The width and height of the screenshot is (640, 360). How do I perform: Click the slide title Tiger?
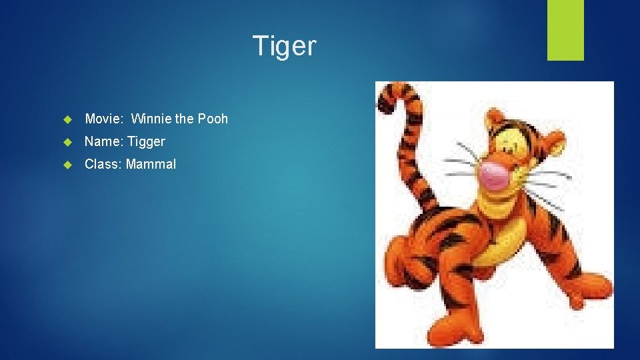click(285, 46)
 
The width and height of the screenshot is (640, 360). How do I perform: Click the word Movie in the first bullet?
click(102, 119)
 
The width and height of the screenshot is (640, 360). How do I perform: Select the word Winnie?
click(151, 119)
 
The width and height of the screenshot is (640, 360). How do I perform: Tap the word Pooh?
click(213, 119)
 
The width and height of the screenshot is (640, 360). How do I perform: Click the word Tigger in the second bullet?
click(146, 141)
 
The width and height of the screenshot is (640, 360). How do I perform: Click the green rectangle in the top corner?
click(565, 30)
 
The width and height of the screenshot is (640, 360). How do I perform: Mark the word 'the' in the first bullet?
click(184, 119)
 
